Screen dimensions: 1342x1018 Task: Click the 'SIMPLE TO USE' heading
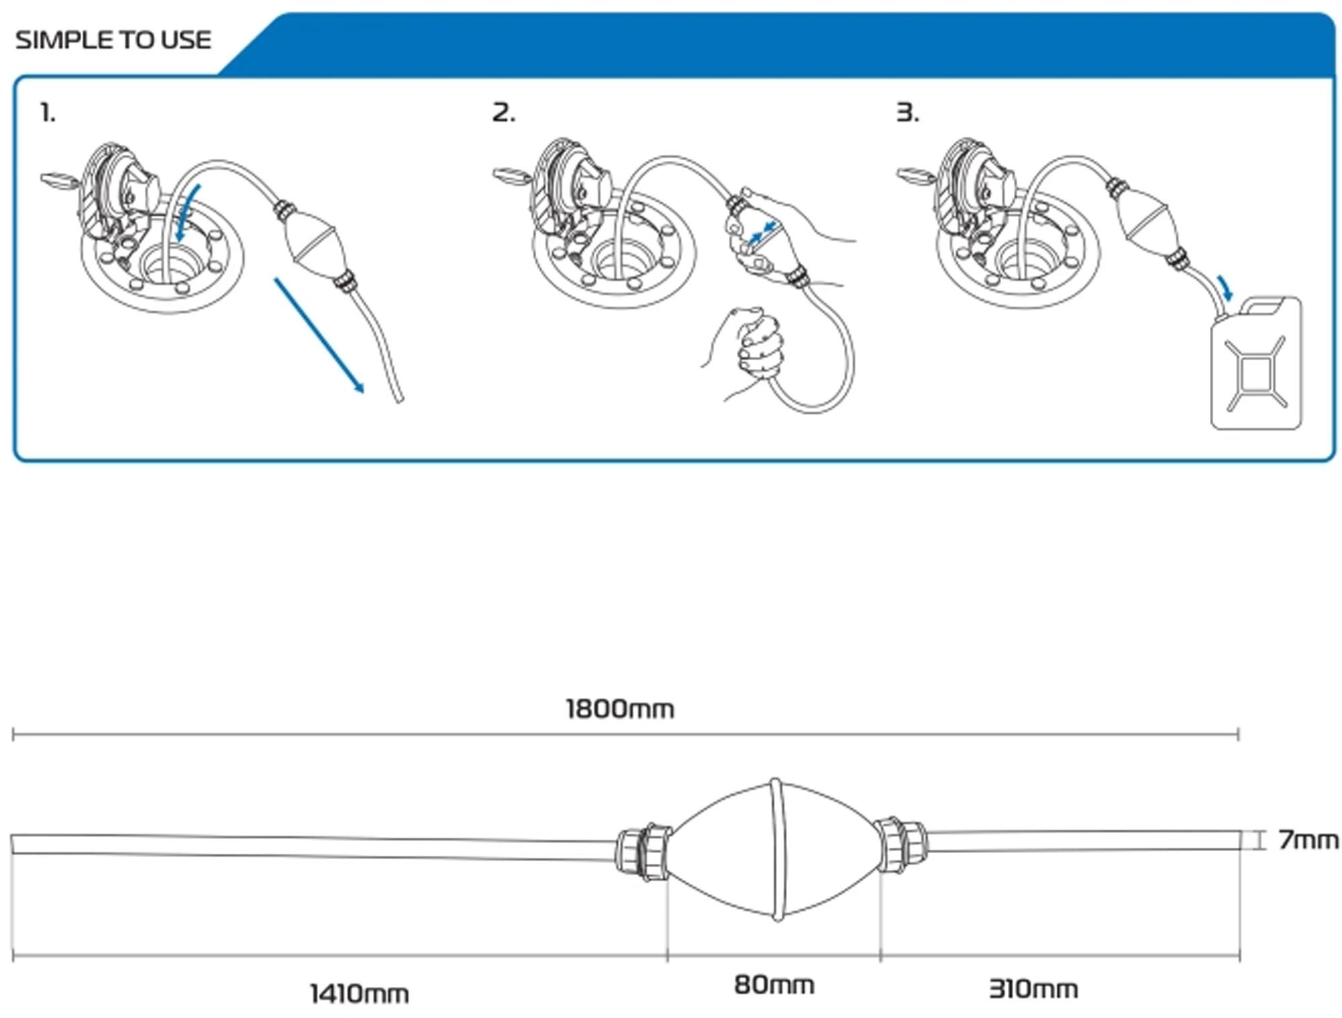point(113,40)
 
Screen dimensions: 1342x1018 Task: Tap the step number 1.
point(48,112)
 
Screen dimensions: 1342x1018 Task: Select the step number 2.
point(504,112)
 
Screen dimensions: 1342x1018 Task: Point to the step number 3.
point(908,112)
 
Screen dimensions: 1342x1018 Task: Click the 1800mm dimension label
point(620,709)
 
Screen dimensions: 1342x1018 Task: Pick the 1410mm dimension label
point(360,993)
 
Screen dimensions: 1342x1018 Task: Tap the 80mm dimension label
point(774,984)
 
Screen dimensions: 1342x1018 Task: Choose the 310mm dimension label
point(1033,988)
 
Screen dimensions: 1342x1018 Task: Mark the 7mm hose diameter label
point(1308,840)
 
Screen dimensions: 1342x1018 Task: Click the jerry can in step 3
point(1256,363)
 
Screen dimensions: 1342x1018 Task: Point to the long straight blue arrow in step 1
point(319,335)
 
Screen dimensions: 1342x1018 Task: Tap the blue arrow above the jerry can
point(1225,287)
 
